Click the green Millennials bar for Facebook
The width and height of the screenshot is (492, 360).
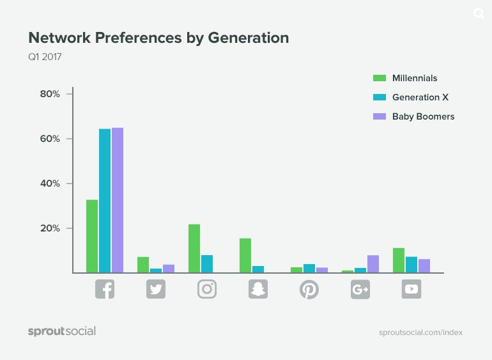click(x=92, y=236)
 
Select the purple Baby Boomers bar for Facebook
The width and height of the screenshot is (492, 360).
click(x=118, y=200)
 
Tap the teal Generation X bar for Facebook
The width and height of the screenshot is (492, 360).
click(x=105, y=201)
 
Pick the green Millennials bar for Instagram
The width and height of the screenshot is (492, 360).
click(x=194, y=248)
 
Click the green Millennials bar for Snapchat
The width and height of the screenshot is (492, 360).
click(x=245, y=255)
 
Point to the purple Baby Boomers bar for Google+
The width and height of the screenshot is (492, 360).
click(x=373, y=264)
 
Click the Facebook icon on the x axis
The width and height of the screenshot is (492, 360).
click(x=105, y=289)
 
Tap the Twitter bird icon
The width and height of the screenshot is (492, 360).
click(x=156, y=289)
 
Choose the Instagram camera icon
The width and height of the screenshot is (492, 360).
click(x=207, y=289)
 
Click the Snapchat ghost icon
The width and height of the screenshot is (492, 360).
click(x=258, y=289)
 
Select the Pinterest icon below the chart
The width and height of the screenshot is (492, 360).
click(x=309, y=289)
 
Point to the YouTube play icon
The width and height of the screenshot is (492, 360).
click(x=411, y=289)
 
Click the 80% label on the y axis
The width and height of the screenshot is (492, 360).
click(x=49, y=94)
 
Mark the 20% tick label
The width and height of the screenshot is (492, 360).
click(x=49, y=228)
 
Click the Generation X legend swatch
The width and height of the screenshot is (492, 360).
click(x=380, y=97)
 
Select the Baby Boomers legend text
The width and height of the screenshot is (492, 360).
click(x=423, y=116)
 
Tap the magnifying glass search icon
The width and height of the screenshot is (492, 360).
click(x=479, y=13)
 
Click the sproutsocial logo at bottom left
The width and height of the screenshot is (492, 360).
click(x=62, y=331)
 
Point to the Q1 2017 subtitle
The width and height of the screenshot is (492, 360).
click(x=45, y=57)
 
